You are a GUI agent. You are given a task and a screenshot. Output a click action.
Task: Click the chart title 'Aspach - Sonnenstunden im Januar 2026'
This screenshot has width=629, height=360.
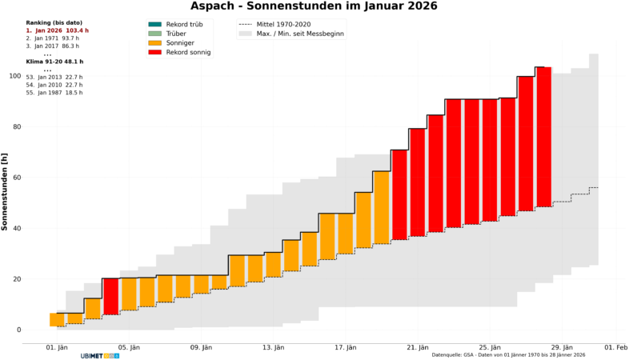click(x=314, y=6)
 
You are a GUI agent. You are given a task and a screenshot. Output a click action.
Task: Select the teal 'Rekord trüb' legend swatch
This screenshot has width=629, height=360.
click(x=154, y=25)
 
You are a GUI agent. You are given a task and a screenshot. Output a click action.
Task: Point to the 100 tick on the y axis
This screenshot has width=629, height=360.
click(x=14, y=76)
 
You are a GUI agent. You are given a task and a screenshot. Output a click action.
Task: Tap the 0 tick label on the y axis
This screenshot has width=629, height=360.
click(x=18, y=330)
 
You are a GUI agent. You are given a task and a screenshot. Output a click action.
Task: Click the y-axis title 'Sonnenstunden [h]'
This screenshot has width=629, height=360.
click(x=6, y=192)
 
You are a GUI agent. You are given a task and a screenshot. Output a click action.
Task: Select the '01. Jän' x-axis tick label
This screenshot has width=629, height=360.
click(x=57, y=347)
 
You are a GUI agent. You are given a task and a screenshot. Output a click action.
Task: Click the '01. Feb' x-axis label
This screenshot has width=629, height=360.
click(x=615, y=347)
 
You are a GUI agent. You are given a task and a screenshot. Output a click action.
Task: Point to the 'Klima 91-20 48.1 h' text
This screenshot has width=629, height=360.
click(x=54, y=62)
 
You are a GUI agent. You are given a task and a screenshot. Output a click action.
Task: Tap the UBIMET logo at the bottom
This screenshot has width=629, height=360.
click(x=100, y=355)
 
